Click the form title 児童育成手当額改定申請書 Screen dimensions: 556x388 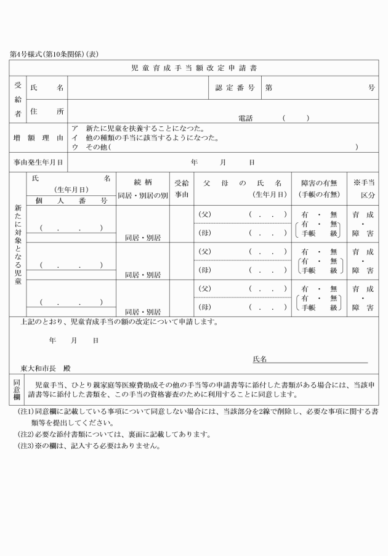(x=194, y=67)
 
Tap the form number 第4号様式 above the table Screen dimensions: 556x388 (x=25, y=54)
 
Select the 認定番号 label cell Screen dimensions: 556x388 (x=235, y=88)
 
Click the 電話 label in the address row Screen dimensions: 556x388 (x=246, y=118)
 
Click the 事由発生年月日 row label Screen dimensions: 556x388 (x=38, y=163)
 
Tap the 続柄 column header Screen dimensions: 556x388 (x=142, y=182)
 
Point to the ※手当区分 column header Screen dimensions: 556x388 (x=363, y=188)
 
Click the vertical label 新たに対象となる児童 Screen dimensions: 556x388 (x=18, y=243)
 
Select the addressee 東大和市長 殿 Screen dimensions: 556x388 (x=46, y=368)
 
